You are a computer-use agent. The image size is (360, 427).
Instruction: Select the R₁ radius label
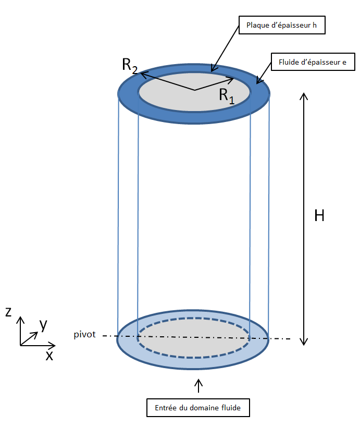pyautogui.click(x=227, y=95)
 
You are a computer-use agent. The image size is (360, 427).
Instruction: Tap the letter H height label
pyautogui.click(x=319, y=216)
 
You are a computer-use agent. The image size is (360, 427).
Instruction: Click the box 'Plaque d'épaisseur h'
pyautogui.click(x=282, y=25)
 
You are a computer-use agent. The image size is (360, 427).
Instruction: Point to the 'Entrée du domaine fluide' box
pyautogui.click(x=198, y=408)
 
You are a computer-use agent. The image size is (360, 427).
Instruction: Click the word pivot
pyautogui.click(x=85, y=335)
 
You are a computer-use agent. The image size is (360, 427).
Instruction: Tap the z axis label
pyautogui.click(x=8, y=312)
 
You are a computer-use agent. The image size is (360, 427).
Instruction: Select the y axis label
pyautogui.click(x=43, y=324)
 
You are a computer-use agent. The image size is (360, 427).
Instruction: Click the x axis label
pyautogui.click(x=49, y=356)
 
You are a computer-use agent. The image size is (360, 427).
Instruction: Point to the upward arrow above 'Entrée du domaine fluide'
pyautogui.click(x=198, y=385)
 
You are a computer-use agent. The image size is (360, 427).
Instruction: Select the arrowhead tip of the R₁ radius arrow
pyautogui.click(x=233, y=80)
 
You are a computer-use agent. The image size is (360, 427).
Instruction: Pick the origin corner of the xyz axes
pyautogui.click(x=20, y=345)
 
